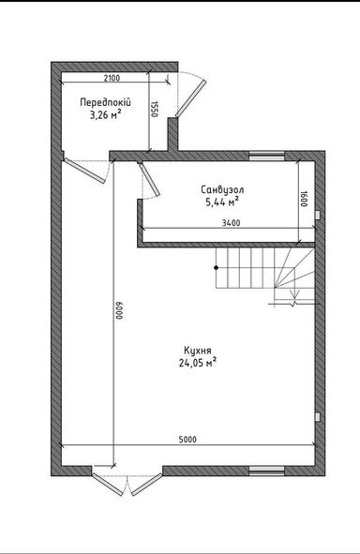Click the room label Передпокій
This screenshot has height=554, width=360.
click(x=104, y=102)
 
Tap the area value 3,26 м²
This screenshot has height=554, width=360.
click(x=104, y=115)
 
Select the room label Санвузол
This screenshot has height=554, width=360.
click(x=221, y=188)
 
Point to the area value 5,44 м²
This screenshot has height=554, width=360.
click(x=221, y=202)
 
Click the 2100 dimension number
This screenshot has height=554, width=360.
click(x=111, y=79)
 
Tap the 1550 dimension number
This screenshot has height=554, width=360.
click(x=155, y=109)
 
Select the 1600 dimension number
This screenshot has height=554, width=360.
click(x=306, y=198)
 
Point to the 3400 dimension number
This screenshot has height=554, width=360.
click(x=232, y=222)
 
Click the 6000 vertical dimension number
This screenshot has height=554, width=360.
click(x=119, y=311)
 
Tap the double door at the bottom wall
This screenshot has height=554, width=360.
click(x=127, y=480)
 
